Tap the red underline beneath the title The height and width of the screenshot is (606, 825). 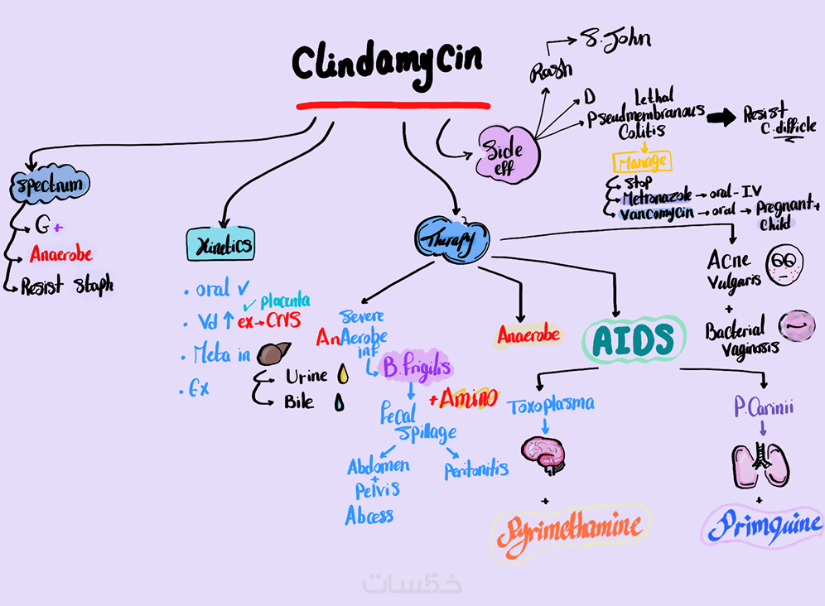tap(393, 105)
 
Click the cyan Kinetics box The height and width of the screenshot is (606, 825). tap(220, 245)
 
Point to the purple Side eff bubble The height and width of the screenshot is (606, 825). tap(507, 153)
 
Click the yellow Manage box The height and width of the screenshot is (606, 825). tap(640, 161)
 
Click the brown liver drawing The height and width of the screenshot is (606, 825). tap(273, 353)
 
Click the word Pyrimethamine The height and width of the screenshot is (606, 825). tap(570, 527)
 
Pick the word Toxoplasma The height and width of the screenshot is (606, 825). tap(551, 405)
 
